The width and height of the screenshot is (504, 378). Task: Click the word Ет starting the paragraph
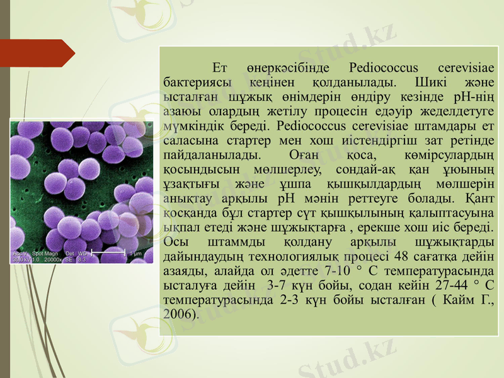219,67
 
